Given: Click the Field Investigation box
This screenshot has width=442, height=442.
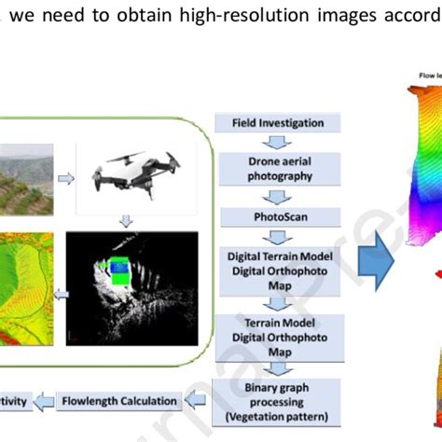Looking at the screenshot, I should click(x=269, y=123).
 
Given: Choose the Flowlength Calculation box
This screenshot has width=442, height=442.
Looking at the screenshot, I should click(x=118, y=402).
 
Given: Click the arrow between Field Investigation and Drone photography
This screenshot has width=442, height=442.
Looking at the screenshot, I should click(x=269, y=142).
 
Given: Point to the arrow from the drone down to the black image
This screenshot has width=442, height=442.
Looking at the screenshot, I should click(x=124, y=222).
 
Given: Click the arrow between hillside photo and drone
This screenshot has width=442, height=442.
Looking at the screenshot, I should click(x=66, y=177).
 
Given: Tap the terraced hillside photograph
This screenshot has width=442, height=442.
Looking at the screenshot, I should click(x=28, y=177).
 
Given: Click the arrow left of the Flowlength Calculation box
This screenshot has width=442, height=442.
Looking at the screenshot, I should click(x=47, y=402).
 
